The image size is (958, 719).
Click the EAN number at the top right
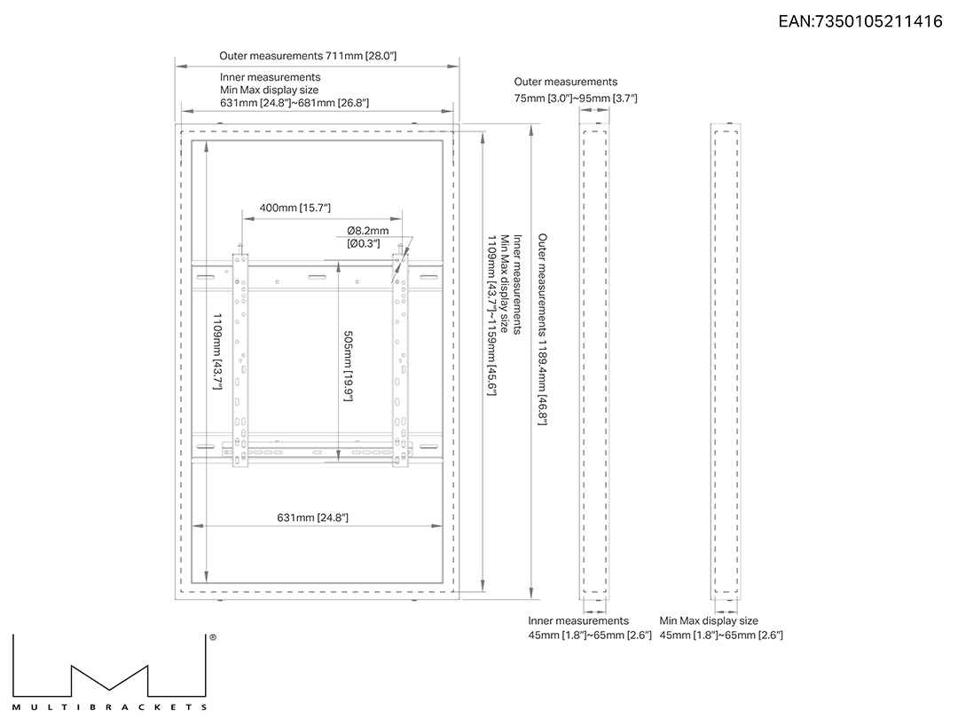(x=860, y=21)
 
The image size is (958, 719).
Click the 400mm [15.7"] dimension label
(x=295, y=208)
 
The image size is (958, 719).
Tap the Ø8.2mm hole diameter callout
(x=368, y=231)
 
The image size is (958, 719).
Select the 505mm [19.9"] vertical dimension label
(x=349, y=367)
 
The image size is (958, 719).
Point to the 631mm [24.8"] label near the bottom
(x=313, y=518)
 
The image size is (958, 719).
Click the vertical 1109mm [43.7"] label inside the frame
(x=217, y=352)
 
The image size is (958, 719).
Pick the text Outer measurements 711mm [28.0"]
(x=308, y=56)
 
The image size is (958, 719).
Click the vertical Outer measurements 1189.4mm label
(x=543, y=329)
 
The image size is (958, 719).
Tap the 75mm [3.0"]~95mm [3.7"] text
(x=576, y=98)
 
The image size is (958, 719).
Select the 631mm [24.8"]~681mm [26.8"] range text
(x=294, y=103)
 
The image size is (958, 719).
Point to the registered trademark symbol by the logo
(x=213, y=637)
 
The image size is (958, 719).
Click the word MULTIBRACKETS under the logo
(x=110, y=707)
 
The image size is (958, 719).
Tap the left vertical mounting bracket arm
(x=240, y=360)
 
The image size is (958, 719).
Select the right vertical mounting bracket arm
(x=400, y=360)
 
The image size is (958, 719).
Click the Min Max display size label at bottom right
(x=709, y=620)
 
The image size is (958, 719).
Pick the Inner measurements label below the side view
(x=578, y=620)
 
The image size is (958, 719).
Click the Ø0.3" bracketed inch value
(x=364, y=243)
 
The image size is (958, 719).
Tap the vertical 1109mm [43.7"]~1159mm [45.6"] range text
(x=491, y=315)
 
